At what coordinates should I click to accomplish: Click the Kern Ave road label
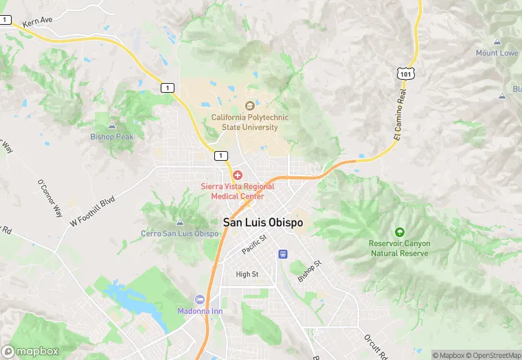click(x=37, y=22)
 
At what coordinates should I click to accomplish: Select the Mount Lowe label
click(x=497, y=53)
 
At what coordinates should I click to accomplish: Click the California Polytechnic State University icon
click(x=249, y=106)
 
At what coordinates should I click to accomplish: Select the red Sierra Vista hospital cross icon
click(x=238, y=175)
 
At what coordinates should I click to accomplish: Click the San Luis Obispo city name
click(x=263, y=223)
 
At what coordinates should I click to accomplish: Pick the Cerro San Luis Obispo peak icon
click(x=180, y=223)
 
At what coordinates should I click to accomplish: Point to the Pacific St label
click(x=254, y=244)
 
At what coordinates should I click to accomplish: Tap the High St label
click(x=247, y=274)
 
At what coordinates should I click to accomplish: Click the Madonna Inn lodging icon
click(x=200, y=300)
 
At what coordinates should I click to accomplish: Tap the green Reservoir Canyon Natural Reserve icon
click(x=399, y=232)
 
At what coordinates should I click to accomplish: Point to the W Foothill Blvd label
click(x=92, y=212)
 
